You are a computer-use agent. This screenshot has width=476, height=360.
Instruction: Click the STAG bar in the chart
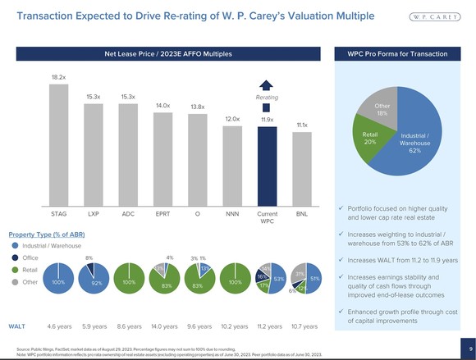pyautogui.click(x=58, y=144)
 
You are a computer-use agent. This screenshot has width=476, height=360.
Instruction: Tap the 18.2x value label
pyautogui.click(x=58, y=76)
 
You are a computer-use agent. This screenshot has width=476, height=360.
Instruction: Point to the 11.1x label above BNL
pyautogui.click(x=301, y=125)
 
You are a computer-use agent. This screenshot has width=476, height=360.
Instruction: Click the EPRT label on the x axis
pyautogui.click(x=162, y=213)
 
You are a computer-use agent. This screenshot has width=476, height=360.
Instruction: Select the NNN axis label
pyautogui.click(x=232, y=213)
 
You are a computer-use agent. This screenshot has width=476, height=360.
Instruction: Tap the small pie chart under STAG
pyautogui.click(x=58, y=281)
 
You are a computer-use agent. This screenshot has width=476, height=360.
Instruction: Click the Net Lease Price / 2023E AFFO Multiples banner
pyautogui.click(x=167, y=53)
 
